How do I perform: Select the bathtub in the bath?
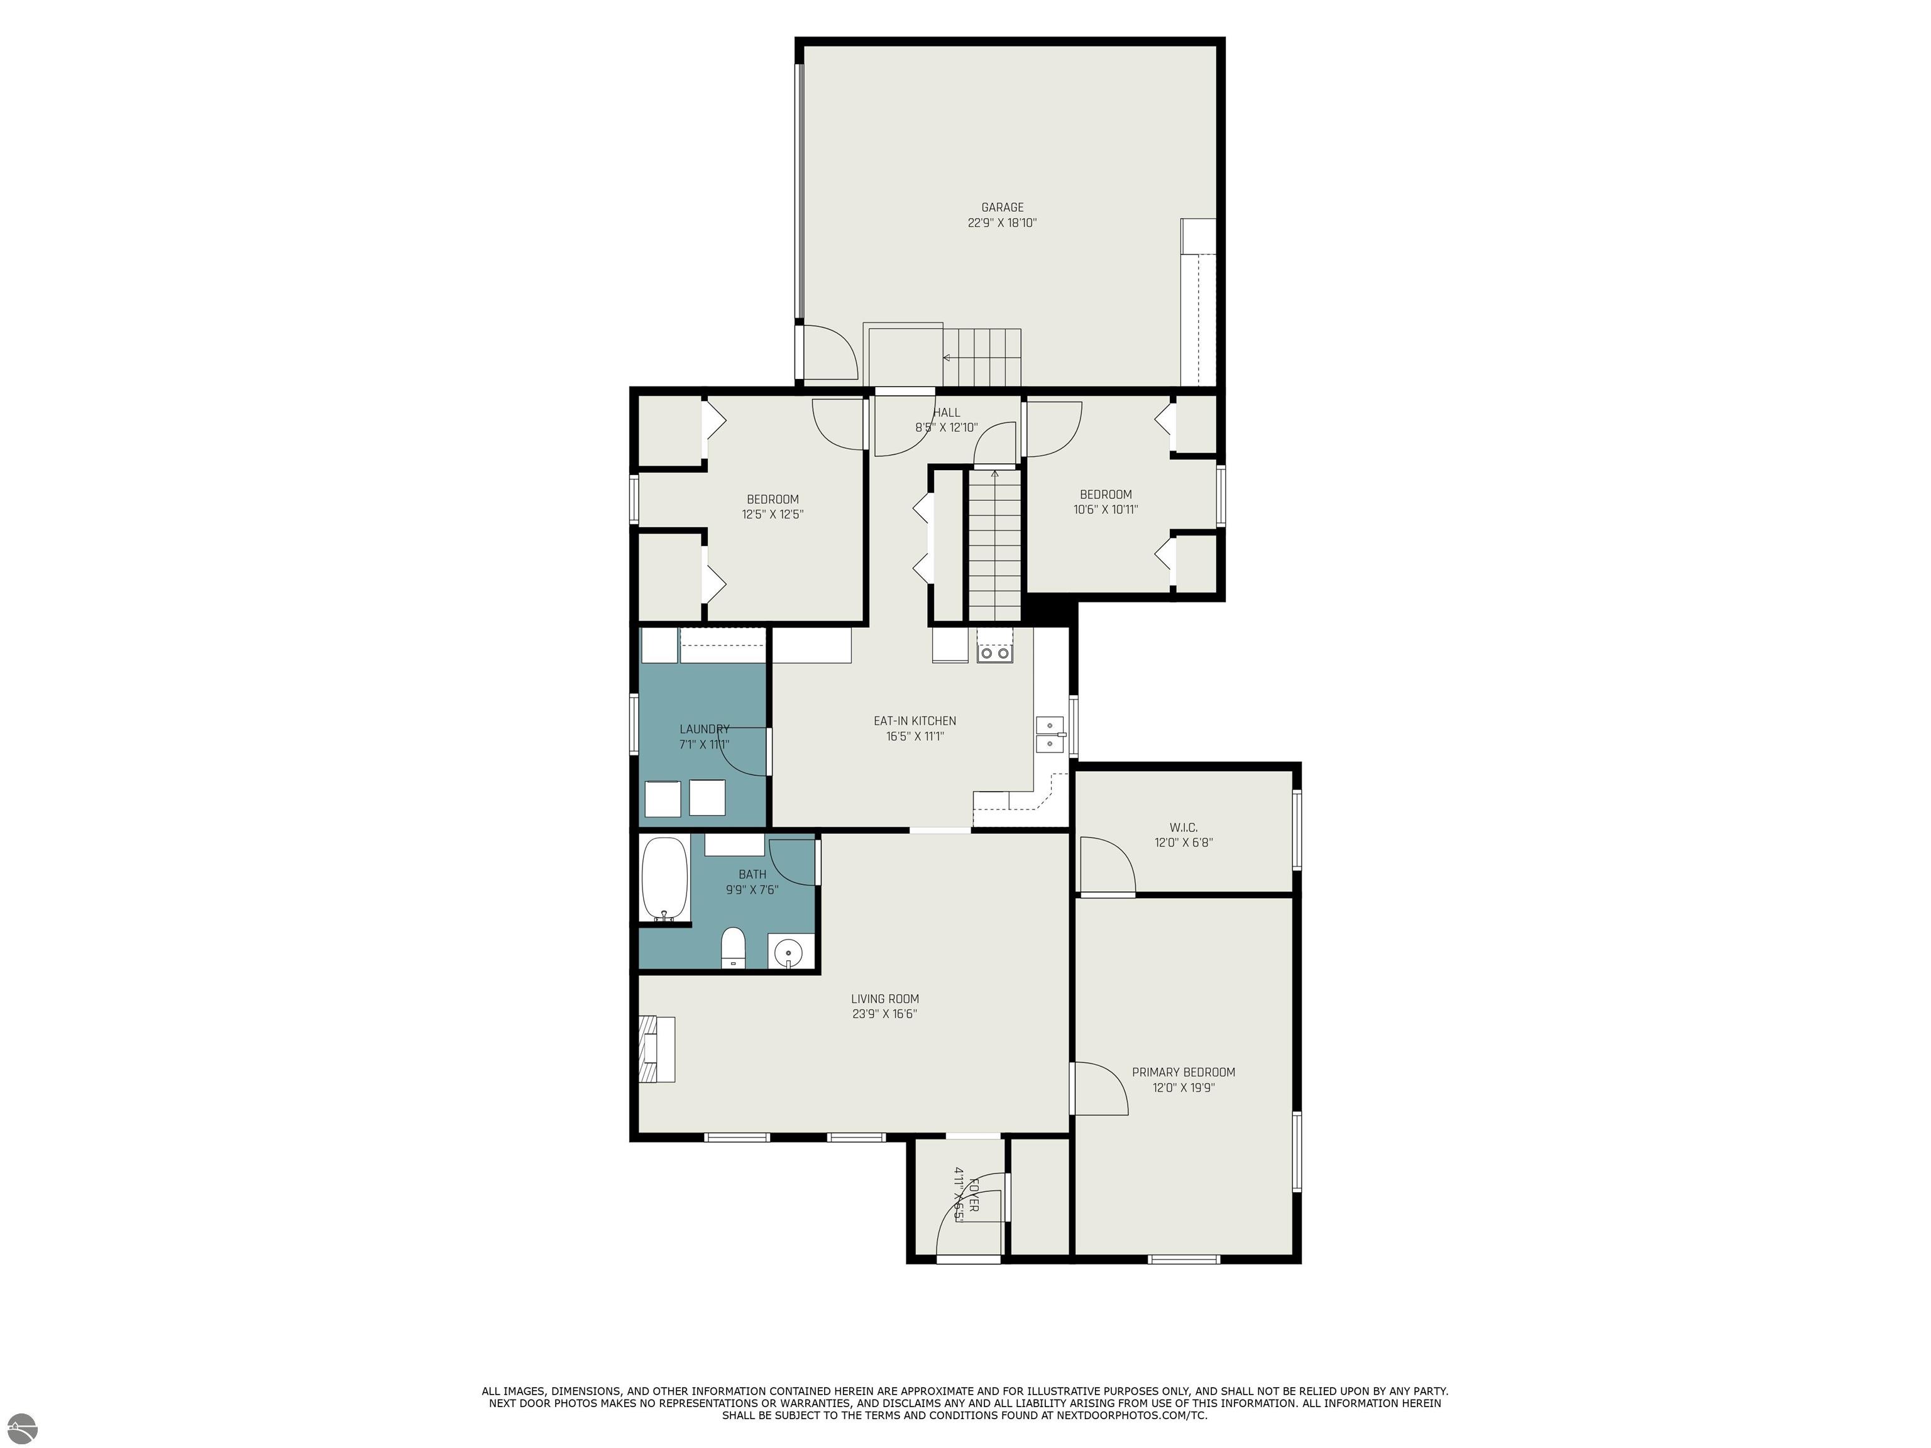pyautogui.click(x=665, y=879)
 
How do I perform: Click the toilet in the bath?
pyautogui.click(x=734, y=948)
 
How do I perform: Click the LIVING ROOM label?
pyautogui.click(x=885, y=999)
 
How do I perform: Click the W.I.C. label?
pyautogui.click(x=1184, y=828)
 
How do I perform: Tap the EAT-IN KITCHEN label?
pyautogui.click(x=915, y=721)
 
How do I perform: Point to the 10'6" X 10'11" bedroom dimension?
pyautogui.click(x=1106, y=510)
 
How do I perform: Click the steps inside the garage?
pyautogui.click(x=981, y=357)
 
